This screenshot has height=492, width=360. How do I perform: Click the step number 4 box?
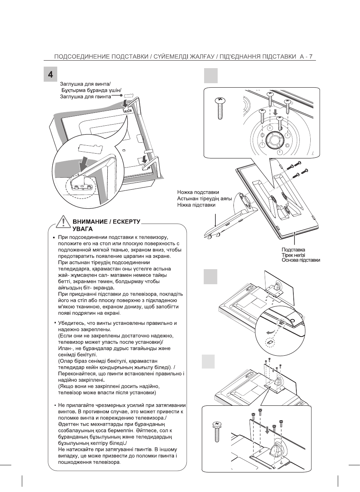point(50,74)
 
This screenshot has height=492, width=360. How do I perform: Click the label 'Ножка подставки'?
point(198,192)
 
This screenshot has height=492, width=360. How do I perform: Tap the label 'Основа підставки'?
point(301,260)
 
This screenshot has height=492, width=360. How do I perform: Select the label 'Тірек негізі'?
point(293,255)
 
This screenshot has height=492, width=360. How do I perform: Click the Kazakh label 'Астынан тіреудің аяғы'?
point(204,199)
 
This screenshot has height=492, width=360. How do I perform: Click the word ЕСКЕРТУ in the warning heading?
point(127,222)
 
